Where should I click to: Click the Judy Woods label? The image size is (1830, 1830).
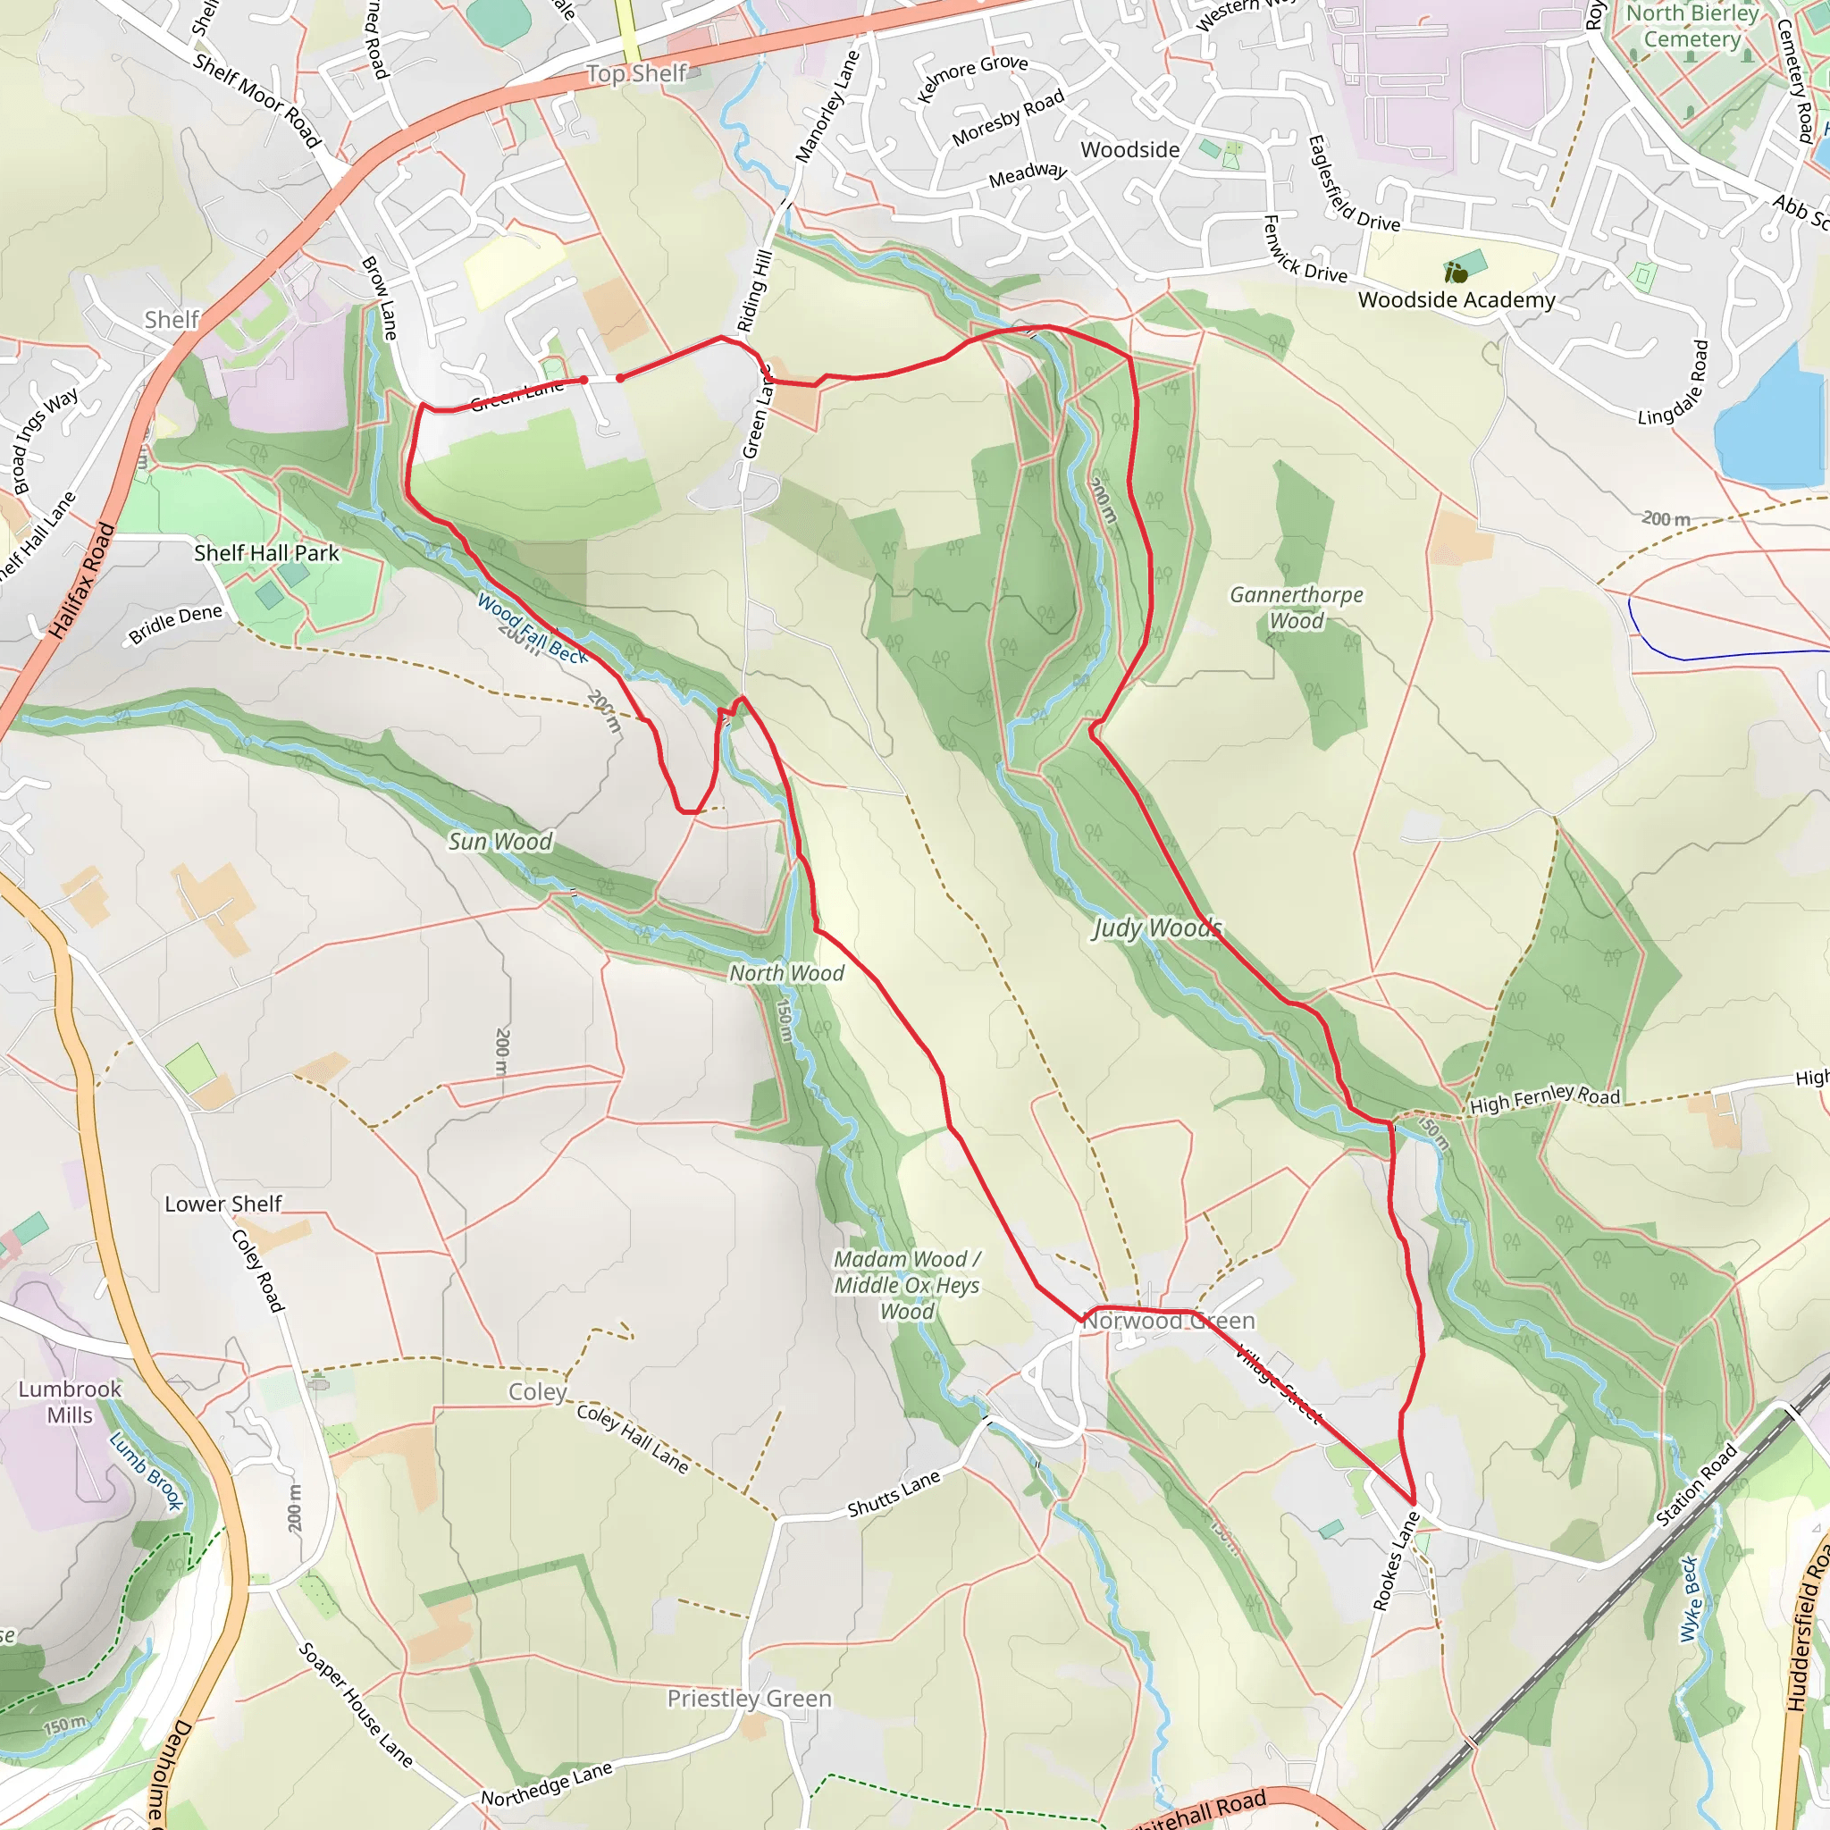[1156, 928]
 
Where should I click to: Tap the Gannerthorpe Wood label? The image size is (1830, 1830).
[1296, 607]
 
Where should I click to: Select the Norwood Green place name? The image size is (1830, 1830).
[1169, 1321]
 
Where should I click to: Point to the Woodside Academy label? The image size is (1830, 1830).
[1456, 300]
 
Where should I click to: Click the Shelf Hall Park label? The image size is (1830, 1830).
[266, 553]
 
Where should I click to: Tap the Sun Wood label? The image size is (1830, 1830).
[499, 841]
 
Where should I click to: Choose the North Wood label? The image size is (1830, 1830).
[786, 973]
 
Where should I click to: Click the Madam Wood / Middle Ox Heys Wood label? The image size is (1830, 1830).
[906, 1285]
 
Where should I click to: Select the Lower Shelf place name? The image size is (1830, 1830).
[223, 1204]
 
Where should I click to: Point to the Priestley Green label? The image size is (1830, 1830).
[749, 1699]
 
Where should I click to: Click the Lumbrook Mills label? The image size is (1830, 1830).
[70, 1402]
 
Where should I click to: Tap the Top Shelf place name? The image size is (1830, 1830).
[635, 74]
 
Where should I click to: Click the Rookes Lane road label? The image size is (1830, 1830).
[1397, 1561]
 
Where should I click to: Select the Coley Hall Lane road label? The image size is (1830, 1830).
[632, 1438]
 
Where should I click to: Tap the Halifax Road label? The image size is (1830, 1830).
[80, 581]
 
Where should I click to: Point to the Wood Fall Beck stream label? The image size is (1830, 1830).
[532, 628]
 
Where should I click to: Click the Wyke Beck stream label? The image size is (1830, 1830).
[1691, 1599]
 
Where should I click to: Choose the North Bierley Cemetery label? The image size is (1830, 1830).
[1691, 27]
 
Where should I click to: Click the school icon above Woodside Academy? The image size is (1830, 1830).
[1456, 273]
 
